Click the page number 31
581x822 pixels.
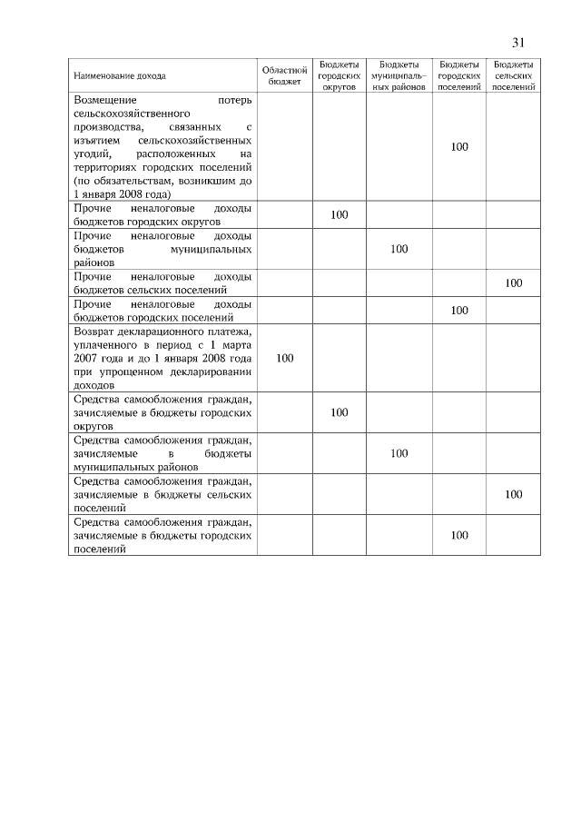(x=519, y=43)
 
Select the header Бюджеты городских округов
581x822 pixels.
(x=340, y=75)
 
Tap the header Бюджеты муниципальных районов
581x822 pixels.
(x=399, y=75)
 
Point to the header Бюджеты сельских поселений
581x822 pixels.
(x=514, y=75)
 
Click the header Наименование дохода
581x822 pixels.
(x=120, y=76)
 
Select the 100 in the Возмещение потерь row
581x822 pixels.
(x=459, y=146)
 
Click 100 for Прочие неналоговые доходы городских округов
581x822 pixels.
(x=340, y=214)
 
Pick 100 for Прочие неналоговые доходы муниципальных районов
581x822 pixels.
(x=399, y=248)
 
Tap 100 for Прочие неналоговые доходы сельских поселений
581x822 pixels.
(x=514, y=282)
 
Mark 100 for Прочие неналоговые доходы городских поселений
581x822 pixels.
(x=459, y=310)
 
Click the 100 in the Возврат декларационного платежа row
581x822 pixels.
(x=284, y=358)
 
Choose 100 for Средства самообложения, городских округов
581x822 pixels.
(x=340, y=412)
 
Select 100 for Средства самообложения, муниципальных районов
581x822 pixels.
(x=399, y=453)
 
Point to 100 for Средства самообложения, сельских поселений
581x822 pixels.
(x=514, y=494)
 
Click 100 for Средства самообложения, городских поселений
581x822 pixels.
(x=459, y=535)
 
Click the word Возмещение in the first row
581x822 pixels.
(x=105, y=100)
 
